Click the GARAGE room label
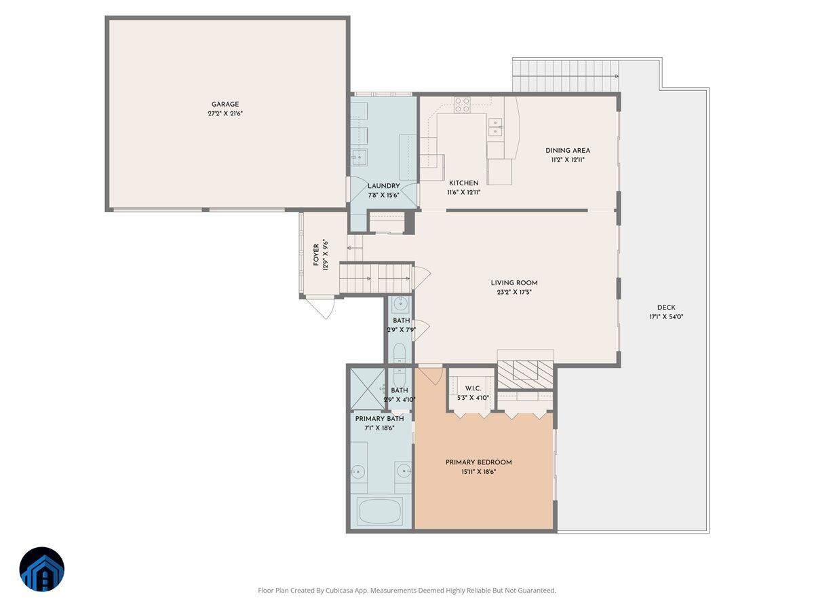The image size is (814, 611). click(225, 105)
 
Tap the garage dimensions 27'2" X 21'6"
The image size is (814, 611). click(225, 114)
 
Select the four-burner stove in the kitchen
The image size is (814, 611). click(462, 105)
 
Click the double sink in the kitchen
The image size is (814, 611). click(496, 124)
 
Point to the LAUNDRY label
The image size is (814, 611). click(383, 186)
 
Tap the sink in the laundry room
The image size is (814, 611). click(358, 158)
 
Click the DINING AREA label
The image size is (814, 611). click(568, 151)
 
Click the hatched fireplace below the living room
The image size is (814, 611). click(526, 374)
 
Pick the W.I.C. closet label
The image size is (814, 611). click(473, 389)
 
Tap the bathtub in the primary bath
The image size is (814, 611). click(380, 511)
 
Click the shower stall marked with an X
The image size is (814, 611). click(367, 388)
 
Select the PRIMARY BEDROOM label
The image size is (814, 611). click(478, 462)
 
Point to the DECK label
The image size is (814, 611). click(665, 308)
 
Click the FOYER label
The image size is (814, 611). click(316, 255)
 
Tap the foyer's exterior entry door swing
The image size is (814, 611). click(320, 308)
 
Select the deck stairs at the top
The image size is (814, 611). click(566, 75)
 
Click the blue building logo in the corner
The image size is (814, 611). click(42, 569)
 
